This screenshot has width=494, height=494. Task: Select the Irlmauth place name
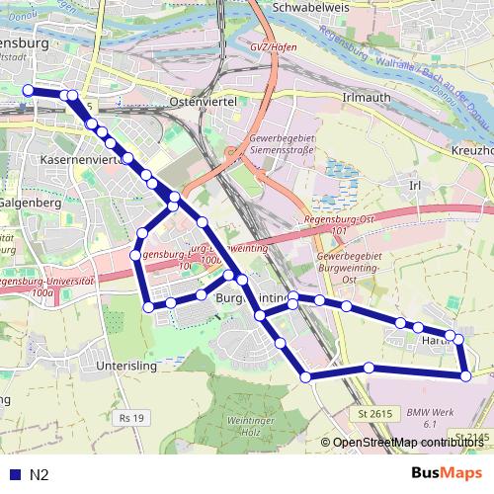click(x=363, y=99)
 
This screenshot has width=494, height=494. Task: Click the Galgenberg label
click(x=31, y=202)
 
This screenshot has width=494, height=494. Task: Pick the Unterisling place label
click(x=128, y=365)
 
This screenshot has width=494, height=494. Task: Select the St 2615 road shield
click(x=374, y=413)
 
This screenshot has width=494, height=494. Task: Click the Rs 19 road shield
click(x=130, y=418)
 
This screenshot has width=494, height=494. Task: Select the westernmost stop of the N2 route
click(x=29, y=91)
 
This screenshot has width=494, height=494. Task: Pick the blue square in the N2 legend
click(x=14, y=474)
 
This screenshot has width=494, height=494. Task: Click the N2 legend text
click(x=40, y=474)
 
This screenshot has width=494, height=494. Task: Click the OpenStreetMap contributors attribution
click(x=407, y=444)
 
